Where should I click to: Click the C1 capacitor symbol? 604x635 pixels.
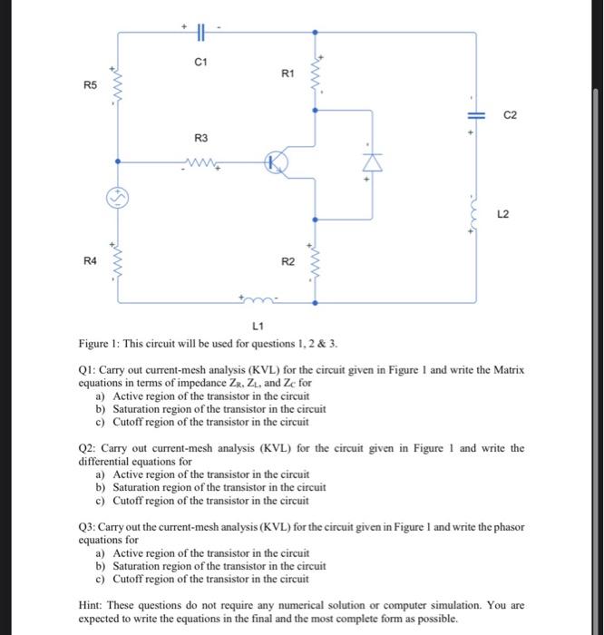(200, 32)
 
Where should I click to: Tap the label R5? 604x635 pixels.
(89, 85)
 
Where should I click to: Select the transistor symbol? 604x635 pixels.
(278, 163)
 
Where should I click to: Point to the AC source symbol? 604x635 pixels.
(120, 196)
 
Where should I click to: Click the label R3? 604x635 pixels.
(201, 139)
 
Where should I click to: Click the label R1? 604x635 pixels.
(287, 73)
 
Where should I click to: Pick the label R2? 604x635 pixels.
(287, 261)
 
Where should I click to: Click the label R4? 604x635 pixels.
(89, 260)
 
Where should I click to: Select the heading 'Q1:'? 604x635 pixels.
(89, 371)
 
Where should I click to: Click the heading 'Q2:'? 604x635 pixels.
(89, 448)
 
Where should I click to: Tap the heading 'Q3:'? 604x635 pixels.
(89, 526)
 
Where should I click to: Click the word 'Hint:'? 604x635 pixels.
(93, 604)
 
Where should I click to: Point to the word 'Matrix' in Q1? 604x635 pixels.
(506, 371)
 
